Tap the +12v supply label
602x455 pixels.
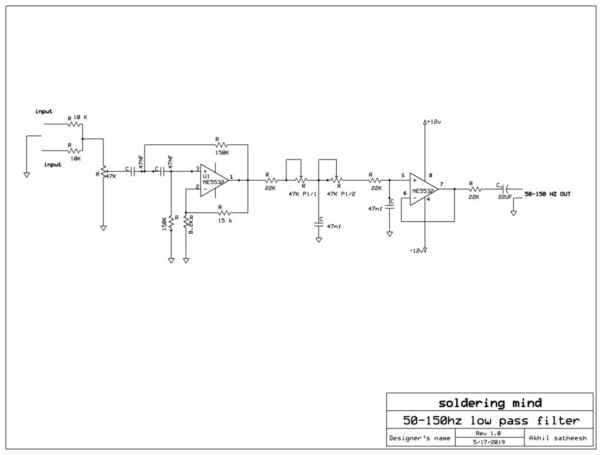click(x=433, y=122)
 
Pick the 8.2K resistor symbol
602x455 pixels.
click(x=186, y=222)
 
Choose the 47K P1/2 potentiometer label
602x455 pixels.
click(x=340, y=194)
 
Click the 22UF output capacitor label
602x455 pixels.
click(x=504, y=197)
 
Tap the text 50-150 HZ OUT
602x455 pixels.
click(x=547, y=194)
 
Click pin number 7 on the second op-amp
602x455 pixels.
click(x=441, y=184)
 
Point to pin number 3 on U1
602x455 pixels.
click(x=198, y=168)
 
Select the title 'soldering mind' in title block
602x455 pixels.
click(x=490, y=403)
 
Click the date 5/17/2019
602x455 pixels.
click(x=488, y=441)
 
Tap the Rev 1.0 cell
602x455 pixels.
click(x=488, y=433)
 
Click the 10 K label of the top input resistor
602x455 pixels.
click(x=80, y=118)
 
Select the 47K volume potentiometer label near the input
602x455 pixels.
click(x=111, y=175)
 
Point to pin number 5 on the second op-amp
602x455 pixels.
click(x=403, y=175)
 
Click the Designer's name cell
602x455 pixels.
click(x=419, y=437)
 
